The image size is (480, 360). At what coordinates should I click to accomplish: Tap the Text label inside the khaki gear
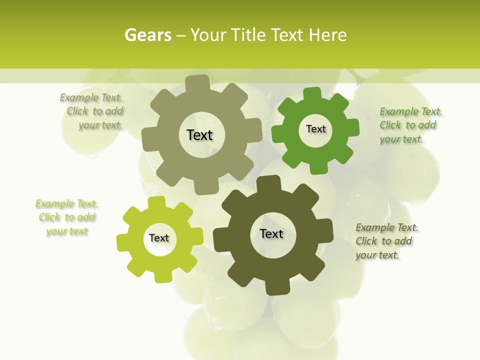[199, 135]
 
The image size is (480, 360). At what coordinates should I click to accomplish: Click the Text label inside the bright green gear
[315, 129]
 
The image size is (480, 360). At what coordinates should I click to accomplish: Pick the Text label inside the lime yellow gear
[159, 238]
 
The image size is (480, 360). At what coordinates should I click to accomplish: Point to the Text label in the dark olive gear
[271, 233]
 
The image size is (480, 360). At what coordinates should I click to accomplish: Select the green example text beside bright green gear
[410, 125]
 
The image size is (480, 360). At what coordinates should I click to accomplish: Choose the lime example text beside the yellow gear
[67, 217]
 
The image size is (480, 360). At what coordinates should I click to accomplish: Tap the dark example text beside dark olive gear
[386, 241]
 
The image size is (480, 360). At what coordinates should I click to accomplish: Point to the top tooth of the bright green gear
[312, 93]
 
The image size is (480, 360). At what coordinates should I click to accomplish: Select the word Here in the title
[328, 35]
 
